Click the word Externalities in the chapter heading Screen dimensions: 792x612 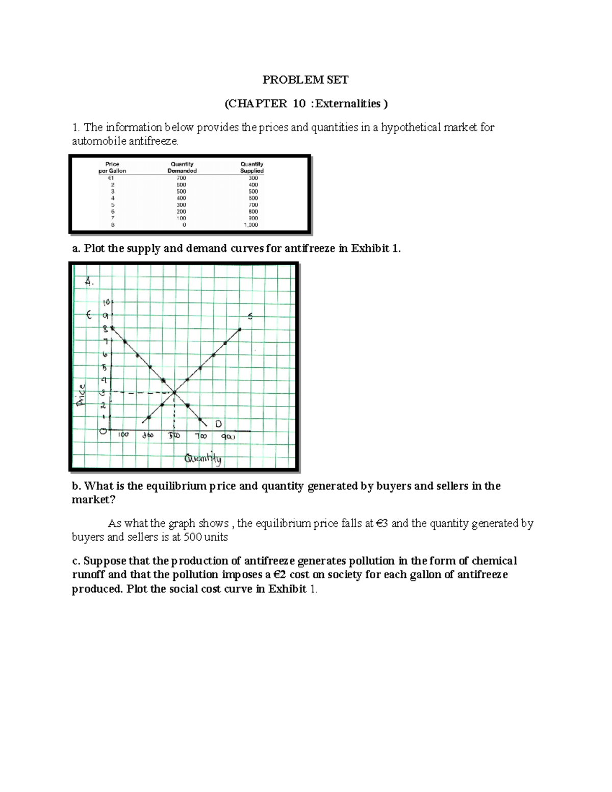[x=348, y=104]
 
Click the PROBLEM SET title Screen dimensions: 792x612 [x=305, y=80]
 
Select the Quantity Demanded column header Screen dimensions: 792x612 [x=182, y=167]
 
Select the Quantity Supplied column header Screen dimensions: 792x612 [x=252, y=167]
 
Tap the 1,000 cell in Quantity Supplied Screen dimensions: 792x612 [x=251, y=225]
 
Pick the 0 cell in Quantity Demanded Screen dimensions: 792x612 [x=184, y=225]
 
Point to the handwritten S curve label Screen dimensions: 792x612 [x=250, y=317]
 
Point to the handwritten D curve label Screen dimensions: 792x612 [x=218, y=424]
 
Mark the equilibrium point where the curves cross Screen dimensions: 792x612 [x=174, y=392]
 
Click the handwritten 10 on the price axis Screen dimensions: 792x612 [x=107, y=302]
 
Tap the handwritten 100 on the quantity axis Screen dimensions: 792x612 [x=123, y=435]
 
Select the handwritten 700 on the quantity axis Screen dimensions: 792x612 [x=200, y=436]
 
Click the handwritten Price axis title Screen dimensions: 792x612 [x=82, y=395]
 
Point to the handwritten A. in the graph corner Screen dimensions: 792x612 [x=90, y=281]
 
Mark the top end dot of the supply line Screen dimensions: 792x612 [x=240, y=329]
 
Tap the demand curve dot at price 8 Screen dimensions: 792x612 [x=112, y=328]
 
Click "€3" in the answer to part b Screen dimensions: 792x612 [x=382, y=524]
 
